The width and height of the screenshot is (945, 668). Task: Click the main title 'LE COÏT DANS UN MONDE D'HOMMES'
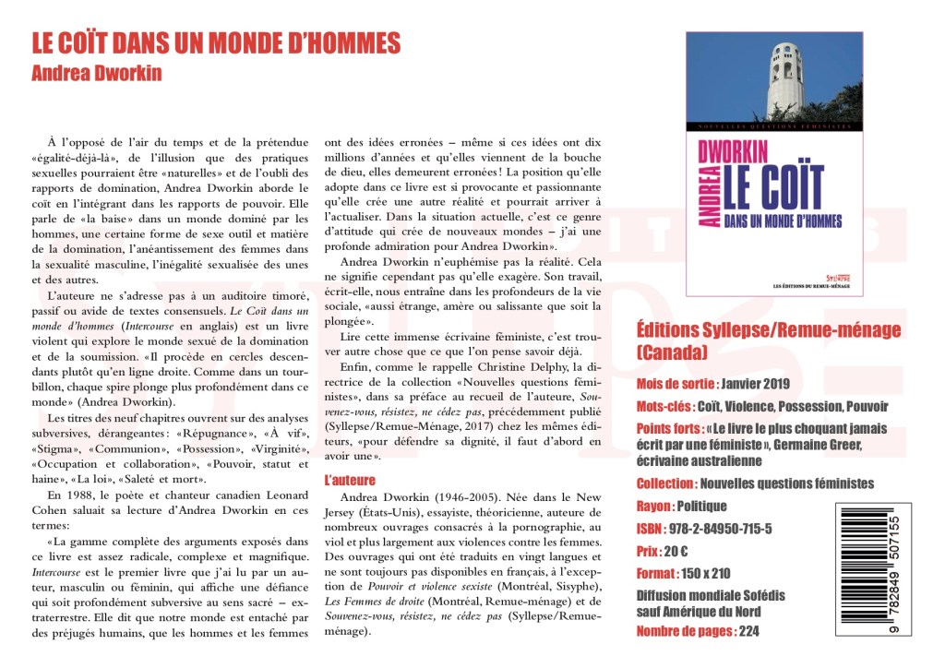tap(216, 43)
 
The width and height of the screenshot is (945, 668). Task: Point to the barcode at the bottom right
tap(872, 569)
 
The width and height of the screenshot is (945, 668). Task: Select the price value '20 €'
tap(676, 551)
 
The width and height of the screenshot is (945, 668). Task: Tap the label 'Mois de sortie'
tap(676, 384)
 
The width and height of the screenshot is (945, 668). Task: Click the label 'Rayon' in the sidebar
tap(654, 506)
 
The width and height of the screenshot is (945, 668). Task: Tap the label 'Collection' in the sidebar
tap(664, 483)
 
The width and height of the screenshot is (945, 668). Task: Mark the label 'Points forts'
tap(669, 429)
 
